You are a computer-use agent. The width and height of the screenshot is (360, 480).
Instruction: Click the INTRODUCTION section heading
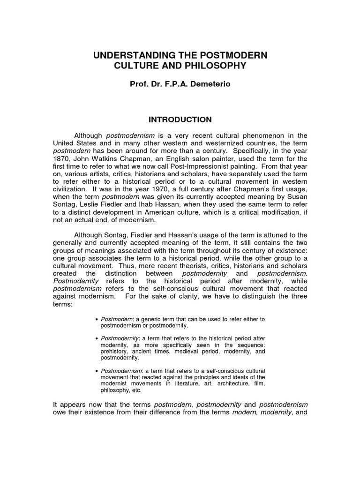[180, 120]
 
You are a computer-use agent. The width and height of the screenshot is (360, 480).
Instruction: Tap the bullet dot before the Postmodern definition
[97, 320]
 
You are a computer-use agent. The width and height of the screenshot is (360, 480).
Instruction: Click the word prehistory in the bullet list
[116, 351]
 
